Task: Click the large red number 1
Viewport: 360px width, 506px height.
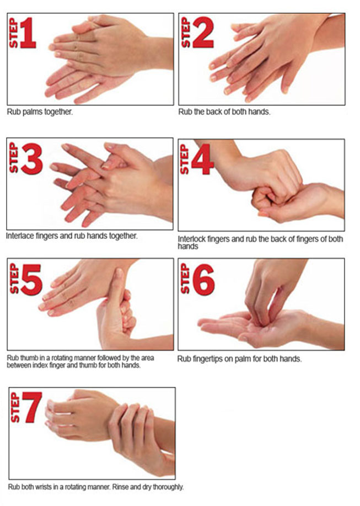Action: [28, 33]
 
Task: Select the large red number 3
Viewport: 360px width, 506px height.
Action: [32, 158]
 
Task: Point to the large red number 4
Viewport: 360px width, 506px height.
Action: [202, 159]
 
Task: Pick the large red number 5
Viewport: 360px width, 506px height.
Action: [31, 279]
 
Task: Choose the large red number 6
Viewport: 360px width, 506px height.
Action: [203, 279]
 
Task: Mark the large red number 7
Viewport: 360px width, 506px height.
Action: [32, 407]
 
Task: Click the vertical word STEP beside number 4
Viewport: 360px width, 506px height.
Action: [184, 159]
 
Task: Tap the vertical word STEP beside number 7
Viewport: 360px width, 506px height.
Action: [15, 408]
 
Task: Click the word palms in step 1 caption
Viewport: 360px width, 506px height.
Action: [33, 113]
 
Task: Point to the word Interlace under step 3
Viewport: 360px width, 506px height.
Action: [20, 236]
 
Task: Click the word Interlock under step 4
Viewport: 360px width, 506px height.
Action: [192, 239]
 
